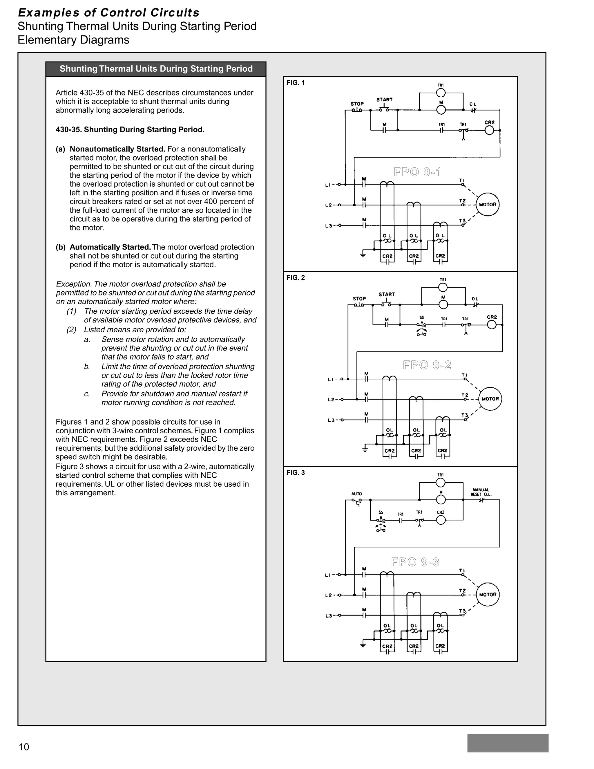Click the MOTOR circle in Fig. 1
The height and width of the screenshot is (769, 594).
point(487,204)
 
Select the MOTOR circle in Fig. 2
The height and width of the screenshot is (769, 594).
point(490,399)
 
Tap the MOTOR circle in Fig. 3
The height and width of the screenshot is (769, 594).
point(487,594)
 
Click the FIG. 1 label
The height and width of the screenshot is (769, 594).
point(295,83)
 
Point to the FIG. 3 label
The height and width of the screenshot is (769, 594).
point(295,472)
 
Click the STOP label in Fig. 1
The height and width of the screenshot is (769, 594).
point(357,104)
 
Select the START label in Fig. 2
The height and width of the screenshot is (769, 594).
point(386,294)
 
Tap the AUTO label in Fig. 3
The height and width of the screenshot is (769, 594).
point(356,494)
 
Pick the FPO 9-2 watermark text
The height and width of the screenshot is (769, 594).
point(427,365)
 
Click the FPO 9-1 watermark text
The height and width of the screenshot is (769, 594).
point(417,172)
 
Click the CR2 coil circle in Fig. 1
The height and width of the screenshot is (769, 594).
point(489,130)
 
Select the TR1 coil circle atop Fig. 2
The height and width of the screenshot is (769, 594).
point(443,288)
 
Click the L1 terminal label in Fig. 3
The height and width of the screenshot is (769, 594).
point(328,575)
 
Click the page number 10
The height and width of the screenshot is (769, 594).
point(24,747)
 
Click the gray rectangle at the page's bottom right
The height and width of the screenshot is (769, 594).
point(508,743)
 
